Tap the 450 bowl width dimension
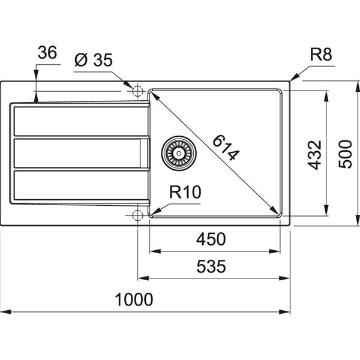coord(212,239)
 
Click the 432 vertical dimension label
coord(315,155)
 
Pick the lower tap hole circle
coord(137,214)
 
